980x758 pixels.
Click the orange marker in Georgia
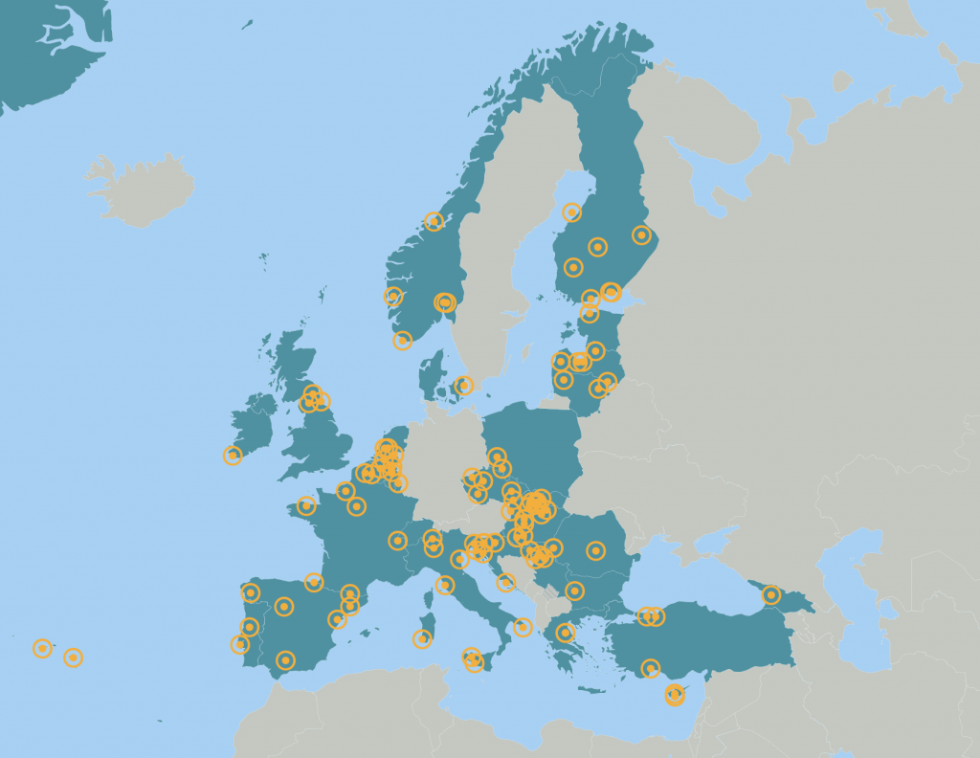[x=771, y=595]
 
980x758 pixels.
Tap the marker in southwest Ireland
[x=233, y=456]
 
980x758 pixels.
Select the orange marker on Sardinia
[x=422, y=638]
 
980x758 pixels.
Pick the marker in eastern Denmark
[x=464, y=386]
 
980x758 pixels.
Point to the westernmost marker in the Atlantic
[x=42, y=649]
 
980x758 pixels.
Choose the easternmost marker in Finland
[x=641, y=234]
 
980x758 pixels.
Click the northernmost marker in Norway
[x=434, y=221]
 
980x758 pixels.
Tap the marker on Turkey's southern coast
[x=651, y=668]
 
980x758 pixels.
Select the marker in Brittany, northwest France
[x=306, y=505]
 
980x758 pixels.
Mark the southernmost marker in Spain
[x=285, y=659]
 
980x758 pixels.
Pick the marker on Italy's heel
[x=523, y=627]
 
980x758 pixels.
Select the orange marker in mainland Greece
[x=565, y=632]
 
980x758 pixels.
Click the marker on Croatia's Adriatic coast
[x=506, y=583]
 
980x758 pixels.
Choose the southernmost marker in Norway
[x=403, y=340]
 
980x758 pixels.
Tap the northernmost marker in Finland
[x=572, y=212]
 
